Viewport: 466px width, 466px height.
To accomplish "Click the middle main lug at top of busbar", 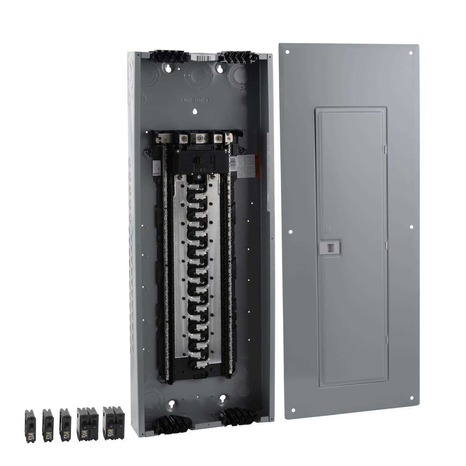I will [x=198, y=137].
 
